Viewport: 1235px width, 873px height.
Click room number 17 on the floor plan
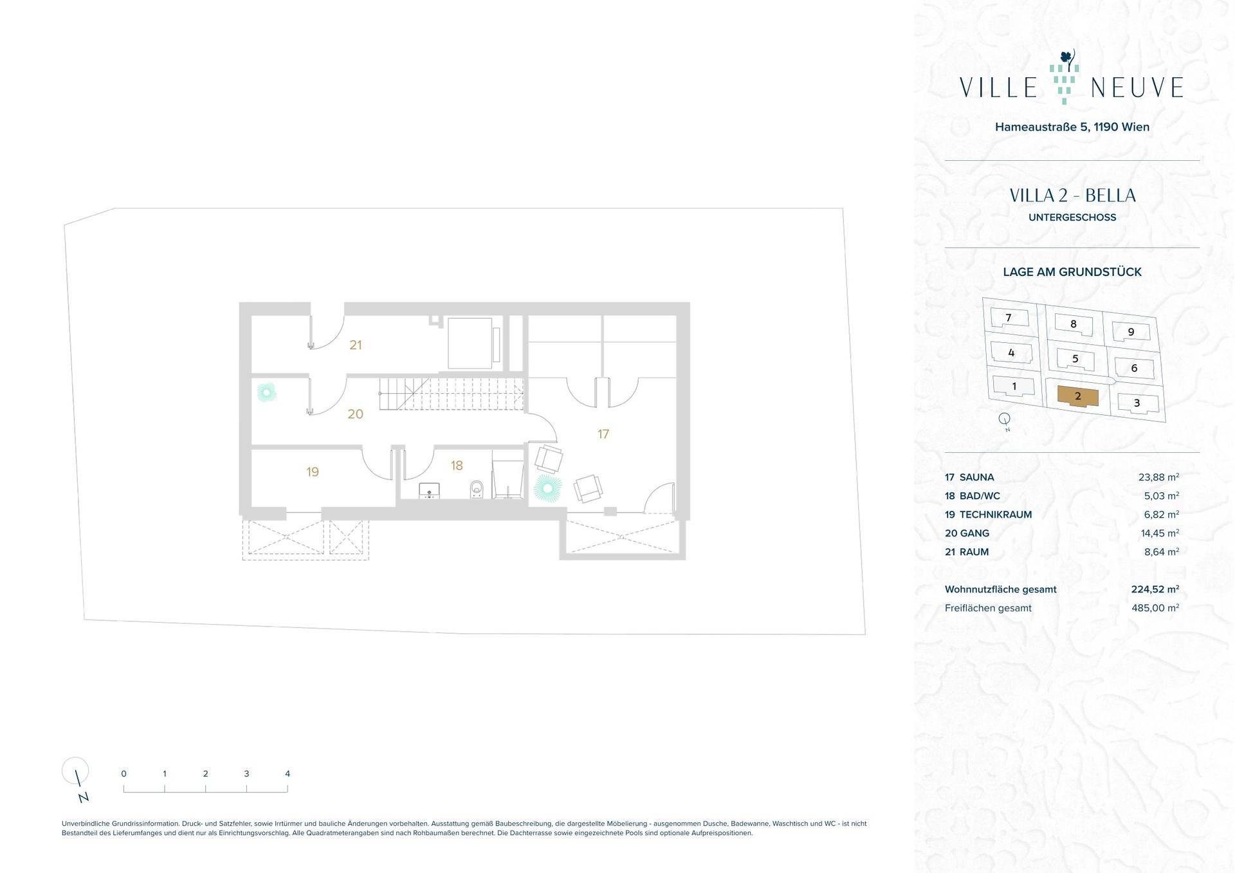tap(603, 434)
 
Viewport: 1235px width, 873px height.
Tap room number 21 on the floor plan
tap(356, 345)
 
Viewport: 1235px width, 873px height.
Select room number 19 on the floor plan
tap(313, 472)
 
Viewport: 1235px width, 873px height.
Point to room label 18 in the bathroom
tap(457, 465)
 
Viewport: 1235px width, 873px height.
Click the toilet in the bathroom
tap(476, 489)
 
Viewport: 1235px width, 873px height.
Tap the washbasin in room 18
tap(429, 492)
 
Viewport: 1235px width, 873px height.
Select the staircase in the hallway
tap(451, 394)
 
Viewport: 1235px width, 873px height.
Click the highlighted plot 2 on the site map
tap(1078, 396)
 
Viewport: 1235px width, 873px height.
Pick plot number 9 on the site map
tap(1131, 332)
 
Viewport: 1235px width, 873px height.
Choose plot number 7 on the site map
tap(1009, 317)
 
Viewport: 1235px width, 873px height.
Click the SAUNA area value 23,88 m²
tap(1158, 477)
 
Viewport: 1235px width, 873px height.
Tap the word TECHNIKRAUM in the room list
tap(996, 515)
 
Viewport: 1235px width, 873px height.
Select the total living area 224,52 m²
tap(1155, 589)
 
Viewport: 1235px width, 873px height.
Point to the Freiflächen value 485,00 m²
tap(1155, 608)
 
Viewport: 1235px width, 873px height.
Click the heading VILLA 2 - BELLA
tap(1072, 196)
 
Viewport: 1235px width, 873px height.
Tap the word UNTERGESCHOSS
tap(1072, 217)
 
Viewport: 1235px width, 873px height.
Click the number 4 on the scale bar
tap(288, 774)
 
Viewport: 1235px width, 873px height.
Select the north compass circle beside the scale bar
tap(75, 769)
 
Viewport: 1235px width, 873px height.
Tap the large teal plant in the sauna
tap(547, 489)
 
